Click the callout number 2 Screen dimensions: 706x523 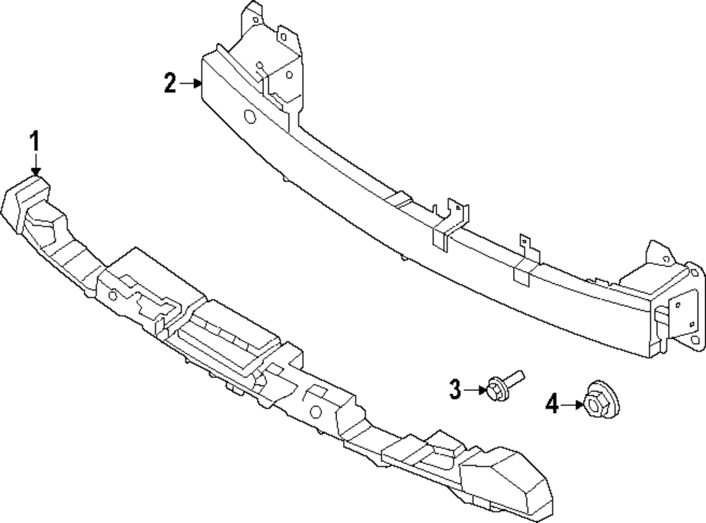169,83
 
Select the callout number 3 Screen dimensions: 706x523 455,389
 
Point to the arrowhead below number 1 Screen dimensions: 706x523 35,172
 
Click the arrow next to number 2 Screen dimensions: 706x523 191,83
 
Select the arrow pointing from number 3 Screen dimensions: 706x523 475,390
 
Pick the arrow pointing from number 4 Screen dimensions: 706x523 573,404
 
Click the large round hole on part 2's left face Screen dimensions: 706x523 249,116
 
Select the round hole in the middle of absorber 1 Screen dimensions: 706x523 316,411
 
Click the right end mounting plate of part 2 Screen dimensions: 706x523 687,306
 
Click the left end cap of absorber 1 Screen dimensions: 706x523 25,203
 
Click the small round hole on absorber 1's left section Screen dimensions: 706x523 113,296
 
